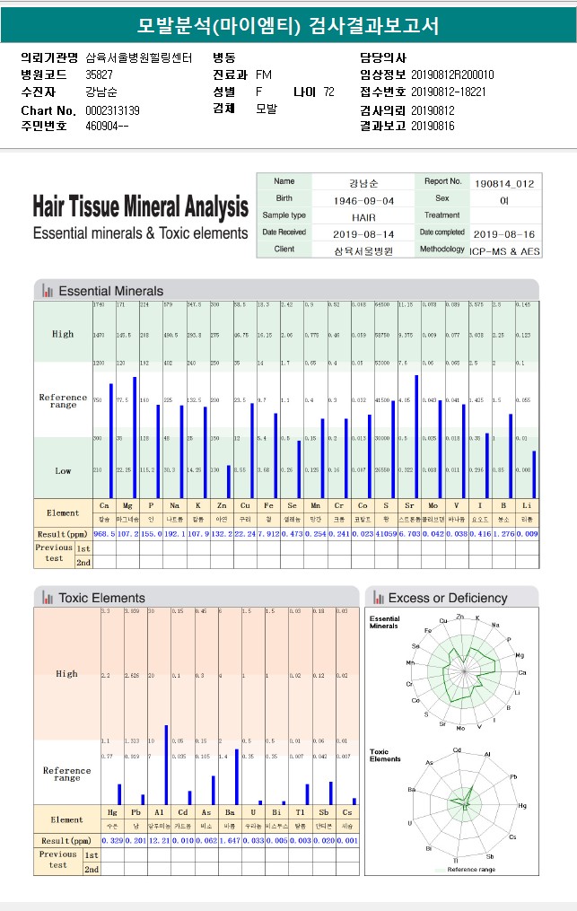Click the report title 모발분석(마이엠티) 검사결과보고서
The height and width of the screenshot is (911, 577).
point(288,25)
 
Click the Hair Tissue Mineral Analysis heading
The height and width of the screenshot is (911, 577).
point(140,208)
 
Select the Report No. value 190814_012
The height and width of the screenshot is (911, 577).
point(504,183)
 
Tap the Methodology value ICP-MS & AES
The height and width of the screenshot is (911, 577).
point(504,251)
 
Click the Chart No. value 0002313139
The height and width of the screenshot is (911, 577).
point(112,110)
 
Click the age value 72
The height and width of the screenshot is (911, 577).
point(328,92)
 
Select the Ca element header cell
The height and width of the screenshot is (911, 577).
point(104,506)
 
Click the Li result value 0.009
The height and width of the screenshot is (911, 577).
point(528,534)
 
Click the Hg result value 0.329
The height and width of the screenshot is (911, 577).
point(112,840)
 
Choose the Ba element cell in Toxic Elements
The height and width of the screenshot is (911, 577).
point(230,811)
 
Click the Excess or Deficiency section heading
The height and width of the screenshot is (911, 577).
point(447,598)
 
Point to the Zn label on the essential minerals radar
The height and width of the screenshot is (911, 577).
point(460,617)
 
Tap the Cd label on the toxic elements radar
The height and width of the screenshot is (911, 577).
point(458,749)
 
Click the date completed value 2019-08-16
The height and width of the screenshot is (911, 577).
point(504,233)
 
